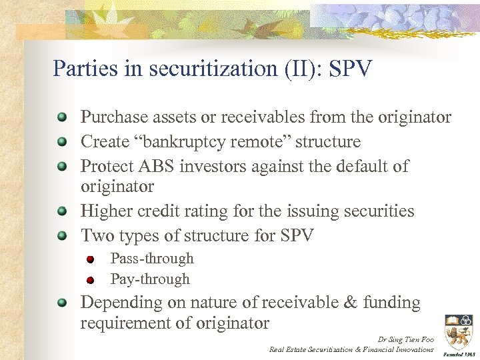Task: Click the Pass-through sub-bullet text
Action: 152,259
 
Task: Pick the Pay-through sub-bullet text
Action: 150,279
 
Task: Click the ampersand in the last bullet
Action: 349,303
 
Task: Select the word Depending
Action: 121,303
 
